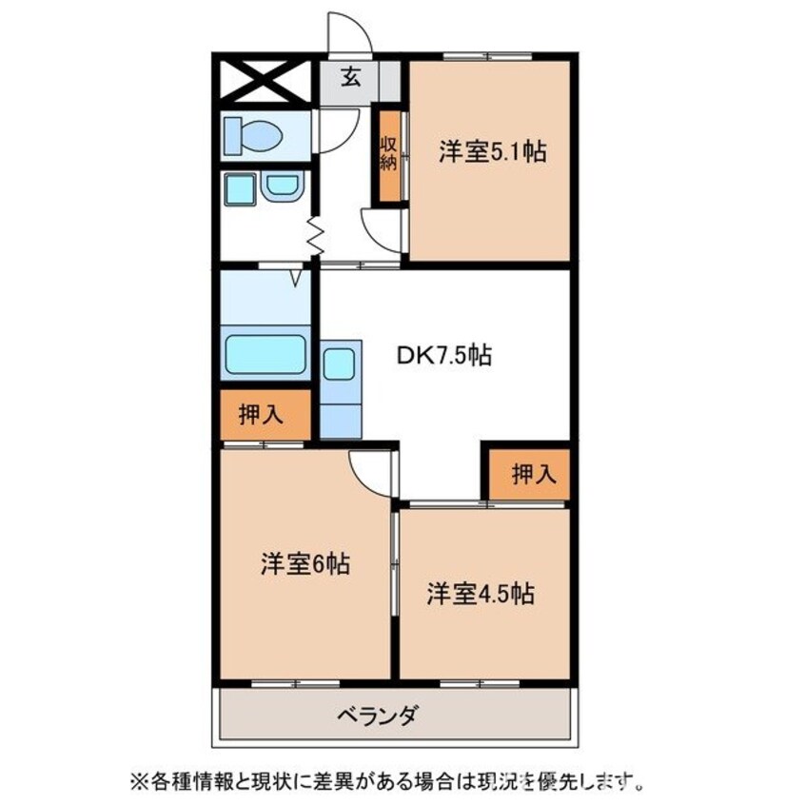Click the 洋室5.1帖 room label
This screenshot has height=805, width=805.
pyautogui.click(x=492, y=151)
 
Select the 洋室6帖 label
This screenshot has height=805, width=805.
pyautogui.click(x=304, y=564)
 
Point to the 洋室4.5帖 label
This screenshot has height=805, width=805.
pyautogui.click(x=479, y=594)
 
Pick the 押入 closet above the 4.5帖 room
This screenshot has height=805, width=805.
pyautogui.click(x=531, y=473)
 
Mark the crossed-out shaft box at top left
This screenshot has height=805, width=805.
pyautogui.click(x=263, y=80)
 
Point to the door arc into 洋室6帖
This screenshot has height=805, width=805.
pyautogui.click(x=369, y=470)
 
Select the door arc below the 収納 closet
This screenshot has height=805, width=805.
pyautogui.click(x=383, y=228)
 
